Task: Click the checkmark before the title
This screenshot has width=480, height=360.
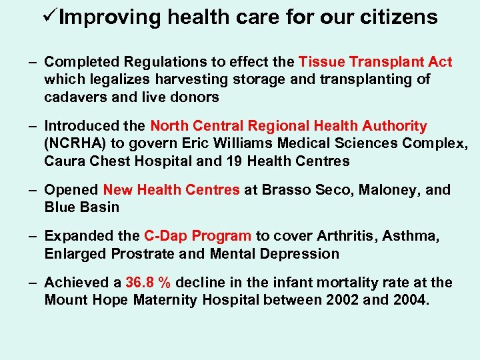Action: (x=50, y=16)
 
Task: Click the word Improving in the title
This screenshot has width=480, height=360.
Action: (x=110, y=17)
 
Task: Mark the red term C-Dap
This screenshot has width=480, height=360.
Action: (x=163, y=237)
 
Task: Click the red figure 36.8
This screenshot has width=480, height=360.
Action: (x=140, y=283)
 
